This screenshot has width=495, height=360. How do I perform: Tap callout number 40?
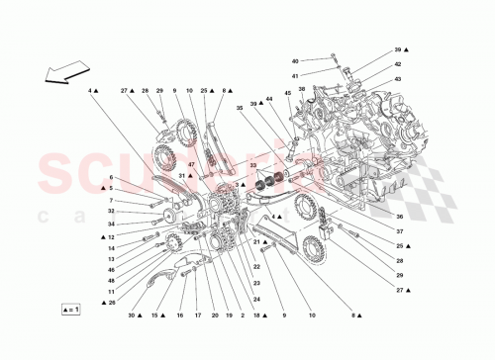coord(322,60)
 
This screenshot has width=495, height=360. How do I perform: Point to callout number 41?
coord(322,75)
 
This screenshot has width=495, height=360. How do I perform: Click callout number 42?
coord(397,65)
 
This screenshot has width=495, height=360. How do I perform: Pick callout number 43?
coord(397,79)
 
